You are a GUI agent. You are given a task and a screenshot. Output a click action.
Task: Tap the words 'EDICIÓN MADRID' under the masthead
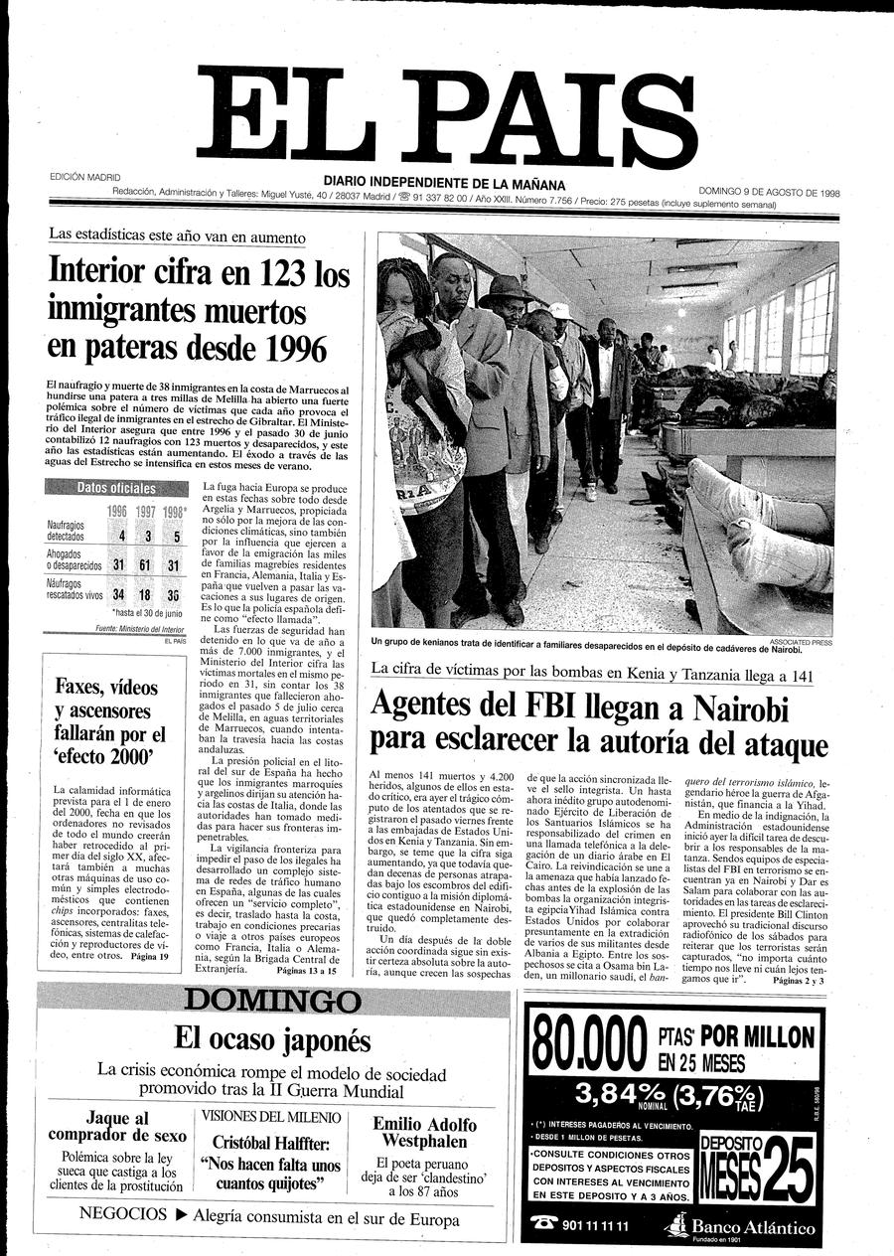click(84, 178)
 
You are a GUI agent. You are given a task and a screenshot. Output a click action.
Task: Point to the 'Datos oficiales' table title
click(117, 488)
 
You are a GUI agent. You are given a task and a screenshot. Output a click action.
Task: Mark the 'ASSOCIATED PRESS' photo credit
click(801, 642)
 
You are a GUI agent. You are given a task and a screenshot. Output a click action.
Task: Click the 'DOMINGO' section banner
click(272, 1000)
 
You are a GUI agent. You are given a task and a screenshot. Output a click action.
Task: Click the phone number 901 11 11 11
click(594, 1225)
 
